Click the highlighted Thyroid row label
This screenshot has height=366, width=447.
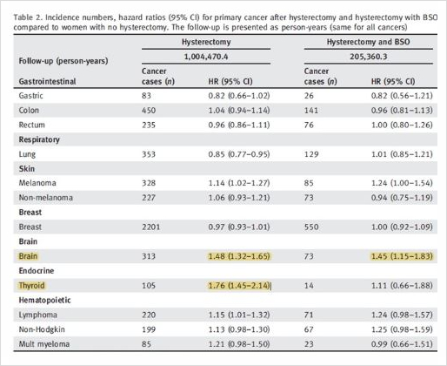coord(31,286)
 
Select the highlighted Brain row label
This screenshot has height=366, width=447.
coord(28,256)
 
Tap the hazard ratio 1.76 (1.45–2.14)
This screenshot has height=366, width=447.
coord(239,286)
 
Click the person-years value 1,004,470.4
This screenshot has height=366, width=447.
coord(206,57)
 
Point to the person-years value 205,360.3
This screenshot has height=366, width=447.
coord(369,57)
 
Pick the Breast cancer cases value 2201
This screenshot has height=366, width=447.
coord(150,227)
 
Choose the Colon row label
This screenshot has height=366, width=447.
coord(29,111)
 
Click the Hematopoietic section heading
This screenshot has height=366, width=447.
coord(44,300)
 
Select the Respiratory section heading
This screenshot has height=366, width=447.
coord(39,139)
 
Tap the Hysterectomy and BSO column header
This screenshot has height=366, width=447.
coord(368,42)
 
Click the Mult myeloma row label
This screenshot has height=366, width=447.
coord(44,344)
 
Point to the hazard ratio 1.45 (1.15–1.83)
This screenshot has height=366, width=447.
coord(402,256)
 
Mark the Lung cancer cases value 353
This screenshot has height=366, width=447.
coord(149,154)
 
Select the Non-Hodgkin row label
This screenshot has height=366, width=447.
coord(42,329)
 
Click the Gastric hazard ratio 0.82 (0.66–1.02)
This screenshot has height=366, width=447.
coord(239,96)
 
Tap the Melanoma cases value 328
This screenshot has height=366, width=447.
coord(149,183)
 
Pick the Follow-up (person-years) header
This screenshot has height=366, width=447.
coord(63,61)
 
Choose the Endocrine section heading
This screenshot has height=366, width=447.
coord(37,271)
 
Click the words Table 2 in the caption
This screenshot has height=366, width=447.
coord(28,17)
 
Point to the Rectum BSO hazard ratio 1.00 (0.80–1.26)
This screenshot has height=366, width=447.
coord(402,125)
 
